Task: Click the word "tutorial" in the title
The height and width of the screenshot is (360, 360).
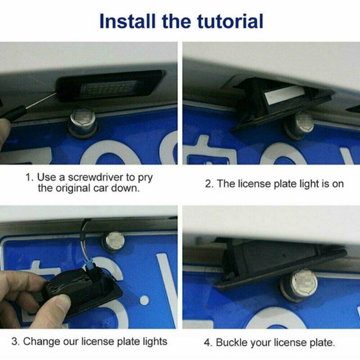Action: (230, 21)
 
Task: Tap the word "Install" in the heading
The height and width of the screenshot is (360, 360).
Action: (127, 21)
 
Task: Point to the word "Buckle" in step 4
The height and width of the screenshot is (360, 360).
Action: (232, 342)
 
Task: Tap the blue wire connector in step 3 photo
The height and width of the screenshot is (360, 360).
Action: (90, 265)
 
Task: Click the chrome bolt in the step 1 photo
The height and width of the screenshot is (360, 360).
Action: (83, 123)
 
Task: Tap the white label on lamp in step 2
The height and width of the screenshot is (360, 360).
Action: (284, 94)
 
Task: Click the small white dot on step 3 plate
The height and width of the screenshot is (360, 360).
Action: (144, 300)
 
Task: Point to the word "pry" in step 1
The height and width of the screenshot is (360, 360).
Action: (145, 178)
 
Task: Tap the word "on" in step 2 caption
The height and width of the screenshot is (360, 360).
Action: (337, 184)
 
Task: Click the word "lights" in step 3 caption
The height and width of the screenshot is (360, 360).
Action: (155, 342)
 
